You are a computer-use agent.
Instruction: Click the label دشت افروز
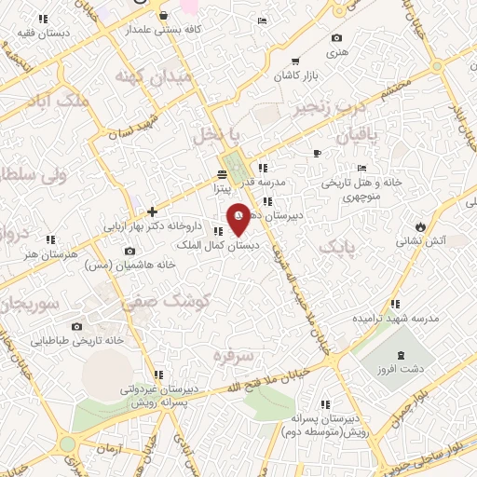402,369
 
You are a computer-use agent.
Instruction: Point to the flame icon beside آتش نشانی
422,226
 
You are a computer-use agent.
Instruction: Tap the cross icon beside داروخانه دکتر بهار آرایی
153,212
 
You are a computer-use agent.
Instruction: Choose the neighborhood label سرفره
232,355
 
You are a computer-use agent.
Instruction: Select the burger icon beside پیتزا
222,174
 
